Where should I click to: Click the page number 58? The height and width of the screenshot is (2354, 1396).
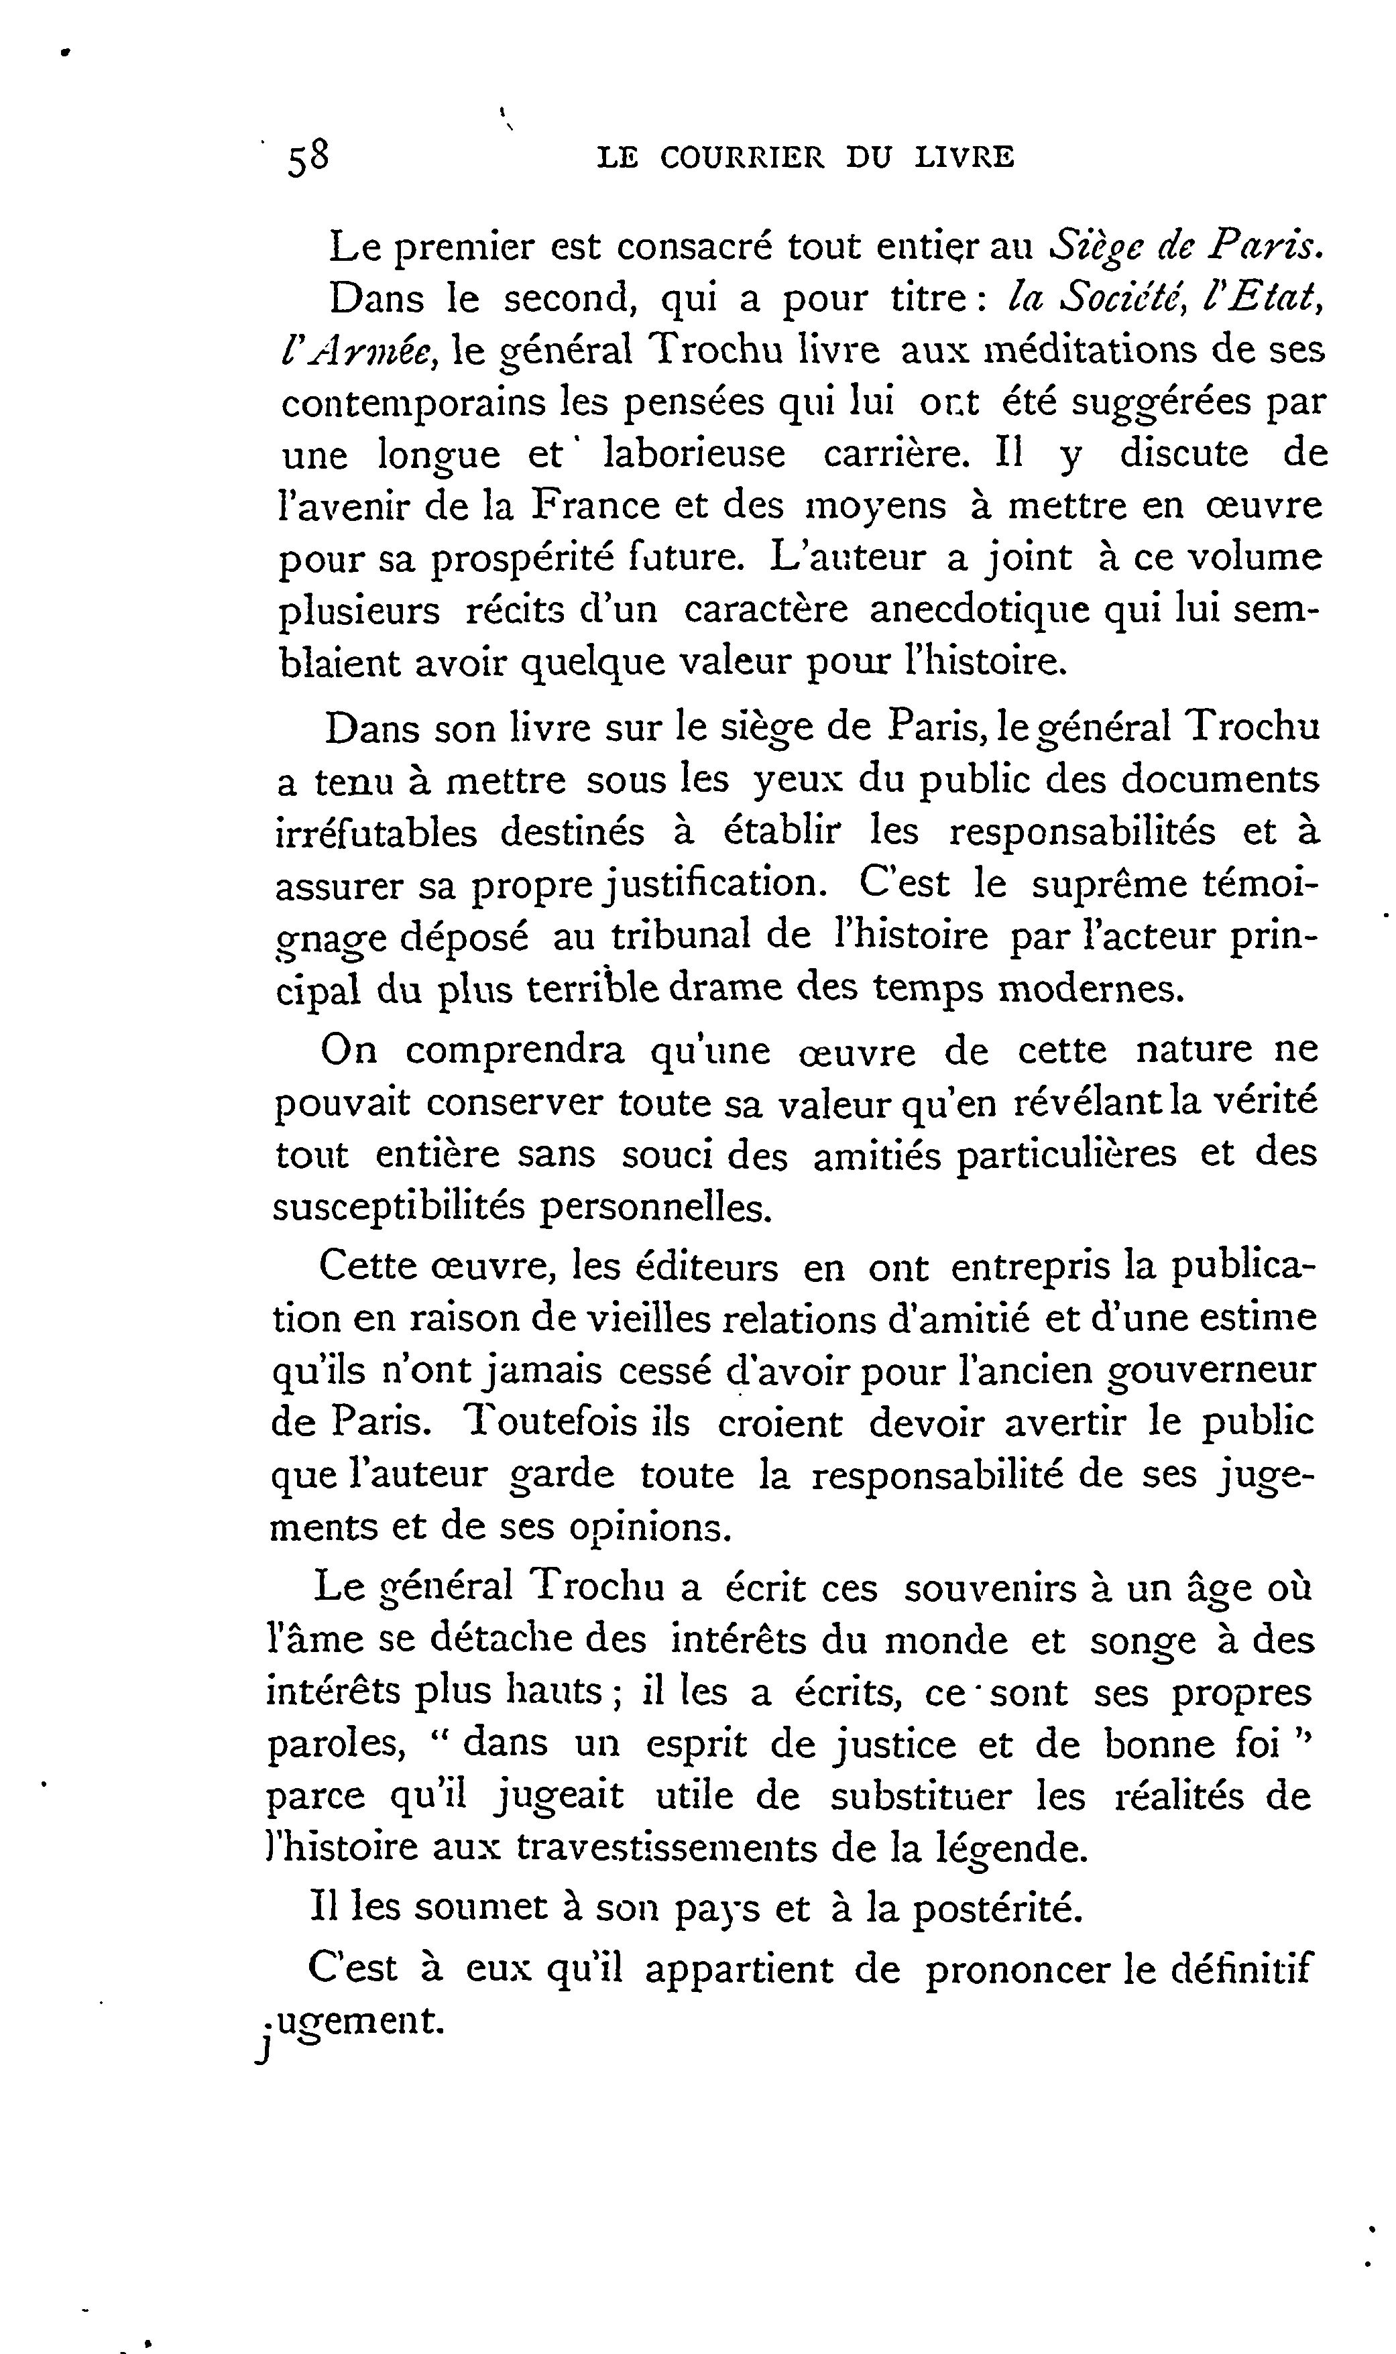click(308, 157)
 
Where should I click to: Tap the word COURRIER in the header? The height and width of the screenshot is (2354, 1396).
click(742, 157)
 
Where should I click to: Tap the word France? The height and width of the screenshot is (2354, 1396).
click(591, 506)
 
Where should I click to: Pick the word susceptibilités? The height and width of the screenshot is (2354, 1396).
click(398, 1207)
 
